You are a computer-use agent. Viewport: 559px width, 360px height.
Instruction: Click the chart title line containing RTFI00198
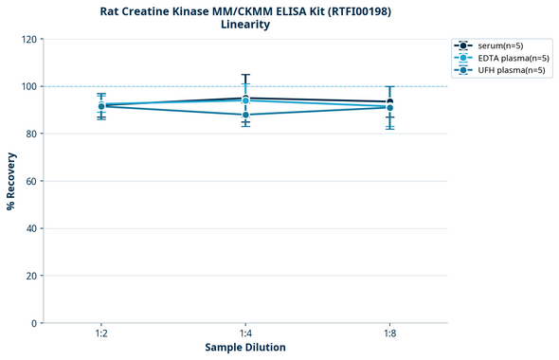245,10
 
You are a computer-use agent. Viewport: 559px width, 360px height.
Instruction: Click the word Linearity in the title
245,25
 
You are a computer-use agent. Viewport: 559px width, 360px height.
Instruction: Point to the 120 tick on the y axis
30,39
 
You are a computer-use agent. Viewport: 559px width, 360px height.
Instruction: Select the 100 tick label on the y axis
30,86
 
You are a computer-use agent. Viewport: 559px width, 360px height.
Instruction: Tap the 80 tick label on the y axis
32,134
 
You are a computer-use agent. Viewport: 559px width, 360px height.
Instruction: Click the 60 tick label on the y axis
32,181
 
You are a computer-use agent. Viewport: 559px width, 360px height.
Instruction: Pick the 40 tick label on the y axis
32,228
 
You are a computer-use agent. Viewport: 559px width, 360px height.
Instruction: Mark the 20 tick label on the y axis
32,276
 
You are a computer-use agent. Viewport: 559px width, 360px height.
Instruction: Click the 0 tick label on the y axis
35,323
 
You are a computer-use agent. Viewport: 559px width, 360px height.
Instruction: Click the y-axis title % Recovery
11,181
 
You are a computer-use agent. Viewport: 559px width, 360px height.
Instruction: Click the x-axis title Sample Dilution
245,348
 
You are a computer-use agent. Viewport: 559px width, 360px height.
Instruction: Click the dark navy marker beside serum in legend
463,45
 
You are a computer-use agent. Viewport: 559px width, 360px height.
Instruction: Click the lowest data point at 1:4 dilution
245,115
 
